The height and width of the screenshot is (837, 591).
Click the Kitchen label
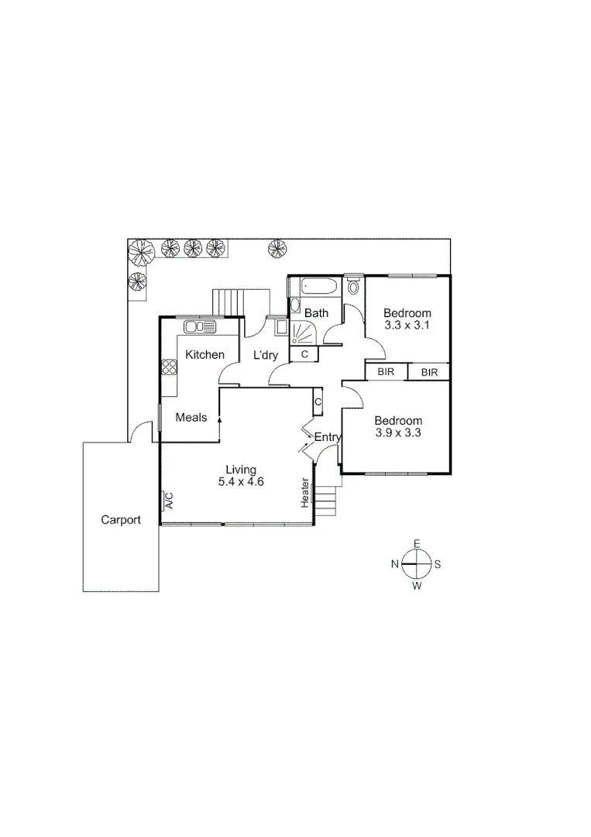(x=204, y=355)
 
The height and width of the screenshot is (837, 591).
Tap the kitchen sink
(x=200, y=328)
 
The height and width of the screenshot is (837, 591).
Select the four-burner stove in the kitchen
(x=169, y=367)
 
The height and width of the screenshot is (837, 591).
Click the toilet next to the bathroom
(x=354, y=287)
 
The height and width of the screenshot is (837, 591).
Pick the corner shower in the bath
(x=302, y=332)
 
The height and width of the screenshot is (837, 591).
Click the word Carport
(x=121, y=520)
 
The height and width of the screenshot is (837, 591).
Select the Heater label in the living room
(x=306, y=493)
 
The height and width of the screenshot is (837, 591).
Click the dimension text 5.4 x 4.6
(x=240, y=481)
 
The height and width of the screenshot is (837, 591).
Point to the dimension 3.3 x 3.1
(x=407, y=325)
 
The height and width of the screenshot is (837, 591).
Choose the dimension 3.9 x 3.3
(x=398, y=433)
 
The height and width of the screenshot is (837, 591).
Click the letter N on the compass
(x=394, y=564)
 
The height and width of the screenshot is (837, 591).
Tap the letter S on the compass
(x=438, y=564)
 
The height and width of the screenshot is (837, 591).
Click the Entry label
(x=328, y=437)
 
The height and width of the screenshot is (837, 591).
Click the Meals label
(x=191, y=417)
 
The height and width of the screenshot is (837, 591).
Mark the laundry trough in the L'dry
(x=277, y=327)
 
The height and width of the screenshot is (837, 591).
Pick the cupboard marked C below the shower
(x=304, y=354)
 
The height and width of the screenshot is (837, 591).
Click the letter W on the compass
(x=417, y=586)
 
